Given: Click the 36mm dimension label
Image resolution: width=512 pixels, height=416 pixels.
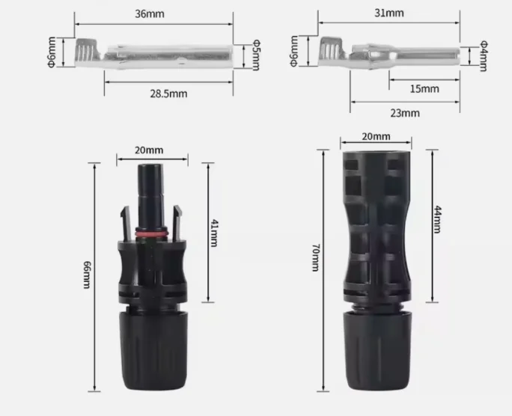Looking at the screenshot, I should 154,13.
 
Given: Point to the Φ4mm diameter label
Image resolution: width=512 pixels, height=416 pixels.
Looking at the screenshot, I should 482,56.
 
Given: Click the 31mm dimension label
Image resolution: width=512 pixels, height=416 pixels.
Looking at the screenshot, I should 389,13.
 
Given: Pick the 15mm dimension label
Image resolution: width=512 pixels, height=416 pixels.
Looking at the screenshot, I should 424,89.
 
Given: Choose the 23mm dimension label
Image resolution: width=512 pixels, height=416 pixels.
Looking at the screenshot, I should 405,112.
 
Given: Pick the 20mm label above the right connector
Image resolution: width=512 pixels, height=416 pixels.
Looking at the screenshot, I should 376,136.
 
